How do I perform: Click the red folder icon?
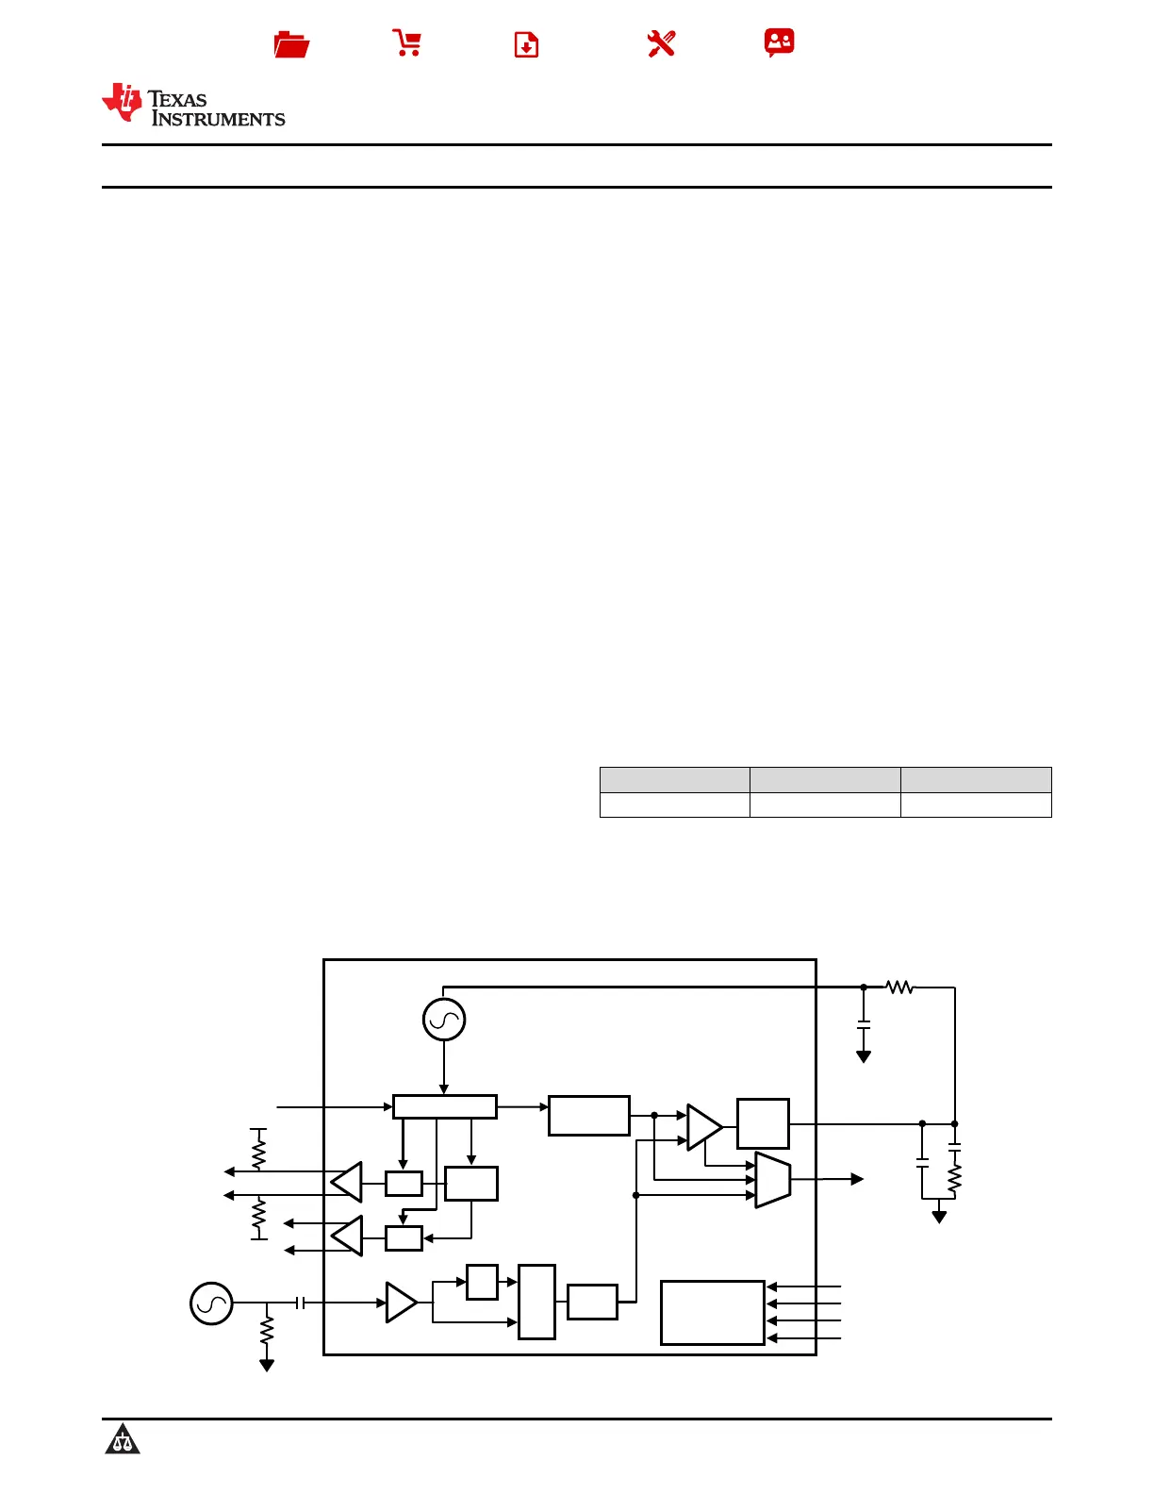click(291, 44)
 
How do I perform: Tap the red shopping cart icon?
click(407, 43)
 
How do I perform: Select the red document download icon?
click(526, 44)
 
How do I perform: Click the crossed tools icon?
click(661, 43)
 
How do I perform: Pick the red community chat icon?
click(779, 42)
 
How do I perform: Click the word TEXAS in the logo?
click(177, 99)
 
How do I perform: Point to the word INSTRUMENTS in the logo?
click(219, 119)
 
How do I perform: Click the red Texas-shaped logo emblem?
click(123, 102)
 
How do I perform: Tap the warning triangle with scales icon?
click(123, 1440)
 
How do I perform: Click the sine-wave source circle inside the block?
click(444, 1019)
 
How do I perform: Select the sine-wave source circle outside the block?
click(211, 1303)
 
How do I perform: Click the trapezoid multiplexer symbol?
click(773, 1179)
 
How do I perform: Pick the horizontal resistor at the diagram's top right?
click(899, 988)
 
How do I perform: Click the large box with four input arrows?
click(712, 1312)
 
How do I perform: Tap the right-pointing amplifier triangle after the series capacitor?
click(401, 1303)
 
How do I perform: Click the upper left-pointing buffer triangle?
click(347, 1182)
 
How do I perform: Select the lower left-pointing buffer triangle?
click(347, 1237)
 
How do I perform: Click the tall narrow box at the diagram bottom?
click(536, 1302)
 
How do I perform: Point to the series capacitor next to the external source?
click(300, 1303)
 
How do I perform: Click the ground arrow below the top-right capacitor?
click(864, 1056)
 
